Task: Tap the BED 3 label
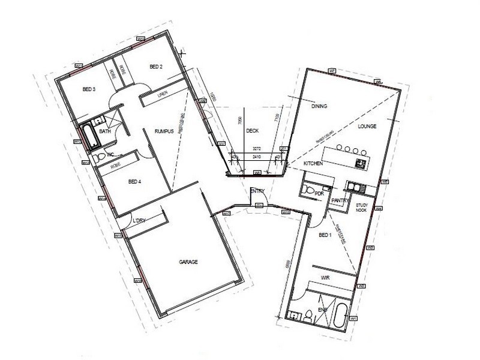89,89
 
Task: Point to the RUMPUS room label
164,131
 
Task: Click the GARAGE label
188,262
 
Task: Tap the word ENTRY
258,191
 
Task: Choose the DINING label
319,107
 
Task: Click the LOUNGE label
367,127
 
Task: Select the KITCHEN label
314,163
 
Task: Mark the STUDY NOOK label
361,208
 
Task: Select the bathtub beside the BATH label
90,135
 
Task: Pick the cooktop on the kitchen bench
362,163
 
